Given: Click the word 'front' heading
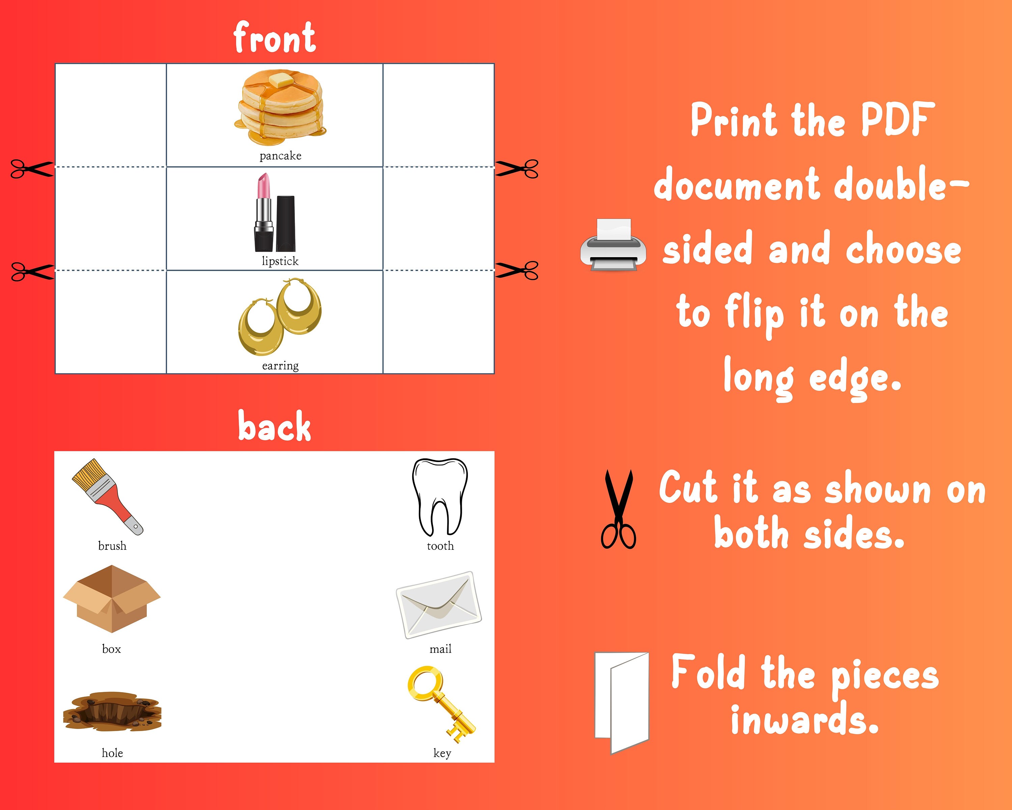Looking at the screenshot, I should [275, 37].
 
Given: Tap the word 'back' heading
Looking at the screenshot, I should [275, 426].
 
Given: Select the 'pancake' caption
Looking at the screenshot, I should [280, 156].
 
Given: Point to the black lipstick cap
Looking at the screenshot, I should [285, 223].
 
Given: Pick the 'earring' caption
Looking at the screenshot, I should [280, 365].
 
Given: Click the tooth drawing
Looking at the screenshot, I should [440, 496].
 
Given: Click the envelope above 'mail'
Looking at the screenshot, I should [439, 605].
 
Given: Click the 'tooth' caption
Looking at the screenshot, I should [440, 546].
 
